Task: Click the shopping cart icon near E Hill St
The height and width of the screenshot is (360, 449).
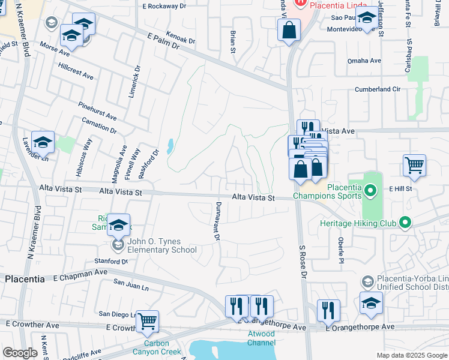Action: coord(414,166)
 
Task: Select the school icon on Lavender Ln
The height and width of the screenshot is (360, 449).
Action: coord(43,142)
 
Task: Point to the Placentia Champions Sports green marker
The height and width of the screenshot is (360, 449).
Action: coord(370,191)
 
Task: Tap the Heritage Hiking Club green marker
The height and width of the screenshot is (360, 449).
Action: coord(405,223)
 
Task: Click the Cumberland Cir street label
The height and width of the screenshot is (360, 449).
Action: coord(377,89)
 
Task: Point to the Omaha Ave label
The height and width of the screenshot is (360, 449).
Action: coord(365,61)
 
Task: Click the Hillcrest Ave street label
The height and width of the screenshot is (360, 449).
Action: coord(76,71)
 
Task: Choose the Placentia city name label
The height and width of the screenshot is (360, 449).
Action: coord(25,279)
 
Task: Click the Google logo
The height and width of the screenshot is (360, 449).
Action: coord(19,353)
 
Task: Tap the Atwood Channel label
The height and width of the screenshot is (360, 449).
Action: coord(262,338)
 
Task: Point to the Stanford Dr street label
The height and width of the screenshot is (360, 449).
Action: coord(111,262)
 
